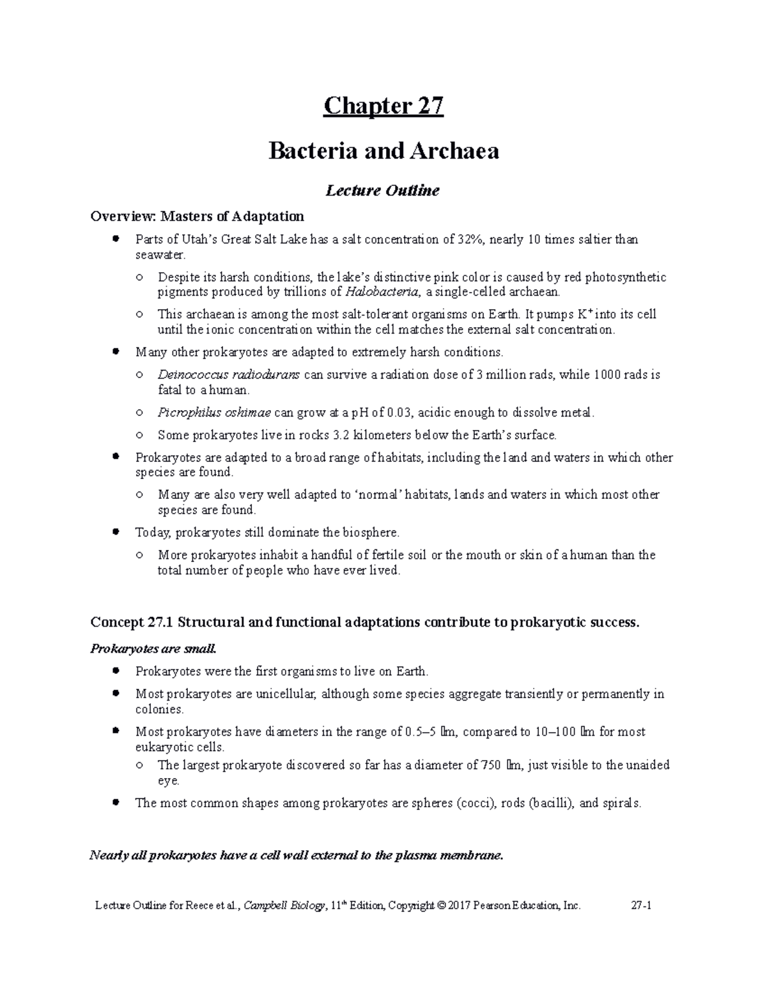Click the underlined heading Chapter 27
pyautogui.click(x=383, y=105)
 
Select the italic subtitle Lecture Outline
pyautogui.click(x=383, y=190)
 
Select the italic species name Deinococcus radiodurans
pyautogui.click(x=228, y=375)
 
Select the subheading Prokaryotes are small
pyautogui.click(x=154, y=649)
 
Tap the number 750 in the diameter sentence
pyautogui.click(x=490, y=765)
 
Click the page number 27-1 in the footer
pyautogui.click(x=640, y=905)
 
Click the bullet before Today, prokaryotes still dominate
pyautogui.click(x=116, y=531)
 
